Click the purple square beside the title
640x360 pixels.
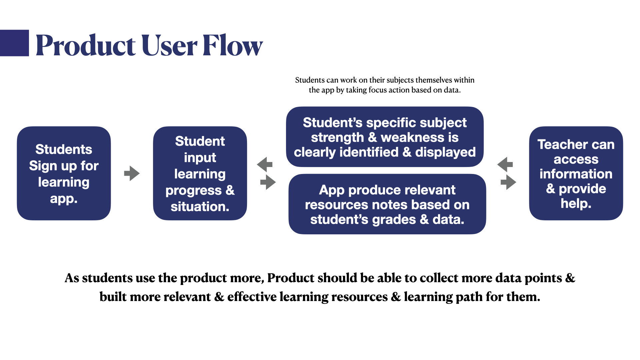(x=14, y=43)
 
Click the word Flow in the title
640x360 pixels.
(x=232, y=45)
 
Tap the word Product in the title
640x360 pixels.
(x=85, y=45)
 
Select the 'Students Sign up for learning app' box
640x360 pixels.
(x=64, y=173)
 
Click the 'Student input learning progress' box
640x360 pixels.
(x=200, y=173)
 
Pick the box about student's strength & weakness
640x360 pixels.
(x=385, y=137)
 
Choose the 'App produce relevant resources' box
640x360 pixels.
(x=387, y=204)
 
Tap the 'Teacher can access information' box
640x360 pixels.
(x=576, y=173)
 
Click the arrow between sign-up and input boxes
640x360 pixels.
(x=132, y=173)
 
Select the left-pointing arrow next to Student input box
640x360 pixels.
(x=265, y=164)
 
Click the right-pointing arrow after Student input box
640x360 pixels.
(x=268, y=182)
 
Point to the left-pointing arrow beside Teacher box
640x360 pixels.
(x=505, y=164)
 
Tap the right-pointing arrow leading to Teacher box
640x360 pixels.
(x=508, y=182)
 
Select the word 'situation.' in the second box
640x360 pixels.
(x=200, y=207)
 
